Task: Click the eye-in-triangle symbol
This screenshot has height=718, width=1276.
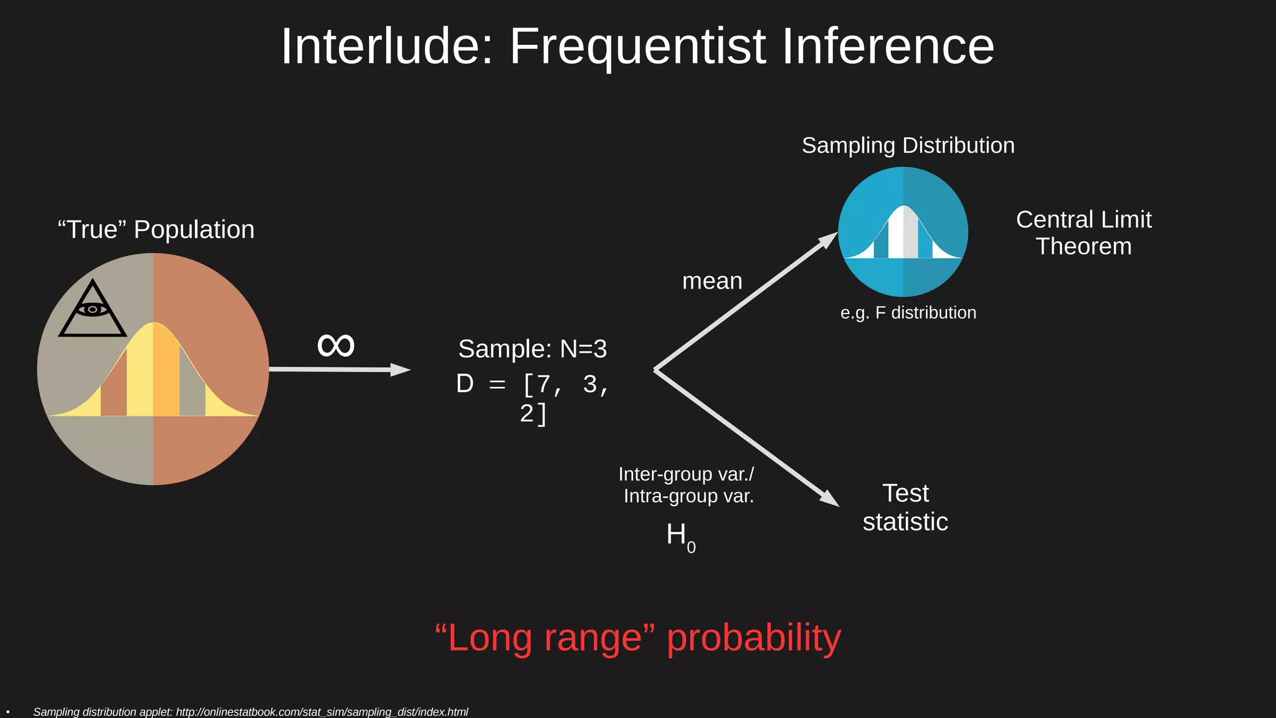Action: [x=92, y=309]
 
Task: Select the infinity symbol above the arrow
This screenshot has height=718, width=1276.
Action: [x=336, y=345]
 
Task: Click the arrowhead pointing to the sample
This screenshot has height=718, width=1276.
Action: [x=400, y=370]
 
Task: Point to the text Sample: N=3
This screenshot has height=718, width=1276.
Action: [x=532, y=349]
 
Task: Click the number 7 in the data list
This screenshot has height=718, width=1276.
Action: [x=543, y=384]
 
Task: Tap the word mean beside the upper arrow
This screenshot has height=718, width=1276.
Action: [x=712, y=281]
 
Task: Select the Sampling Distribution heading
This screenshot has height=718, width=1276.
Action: [x=908, y=145]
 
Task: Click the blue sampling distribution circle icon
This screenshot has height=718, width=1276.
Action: [x=903, y=232]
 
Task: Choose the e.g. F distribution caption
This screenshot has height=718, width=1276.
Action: [x=908, y=312]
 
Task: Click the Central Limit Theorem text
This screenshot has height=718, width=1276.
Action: [x=1083, y=232]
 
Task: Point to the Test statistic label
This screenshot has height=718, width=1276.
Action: [x=905, y=507]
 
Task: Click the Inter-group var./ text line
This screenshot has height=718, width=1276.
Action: [x=686, y=474]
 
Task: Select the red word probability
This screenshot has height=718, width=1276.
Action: [x=754, y=638]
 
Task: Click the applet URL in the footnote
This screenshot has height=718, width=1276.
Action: [x=321, y=712]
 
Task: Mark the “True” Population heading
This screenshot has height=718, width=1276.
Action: [x=156, y=229]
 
